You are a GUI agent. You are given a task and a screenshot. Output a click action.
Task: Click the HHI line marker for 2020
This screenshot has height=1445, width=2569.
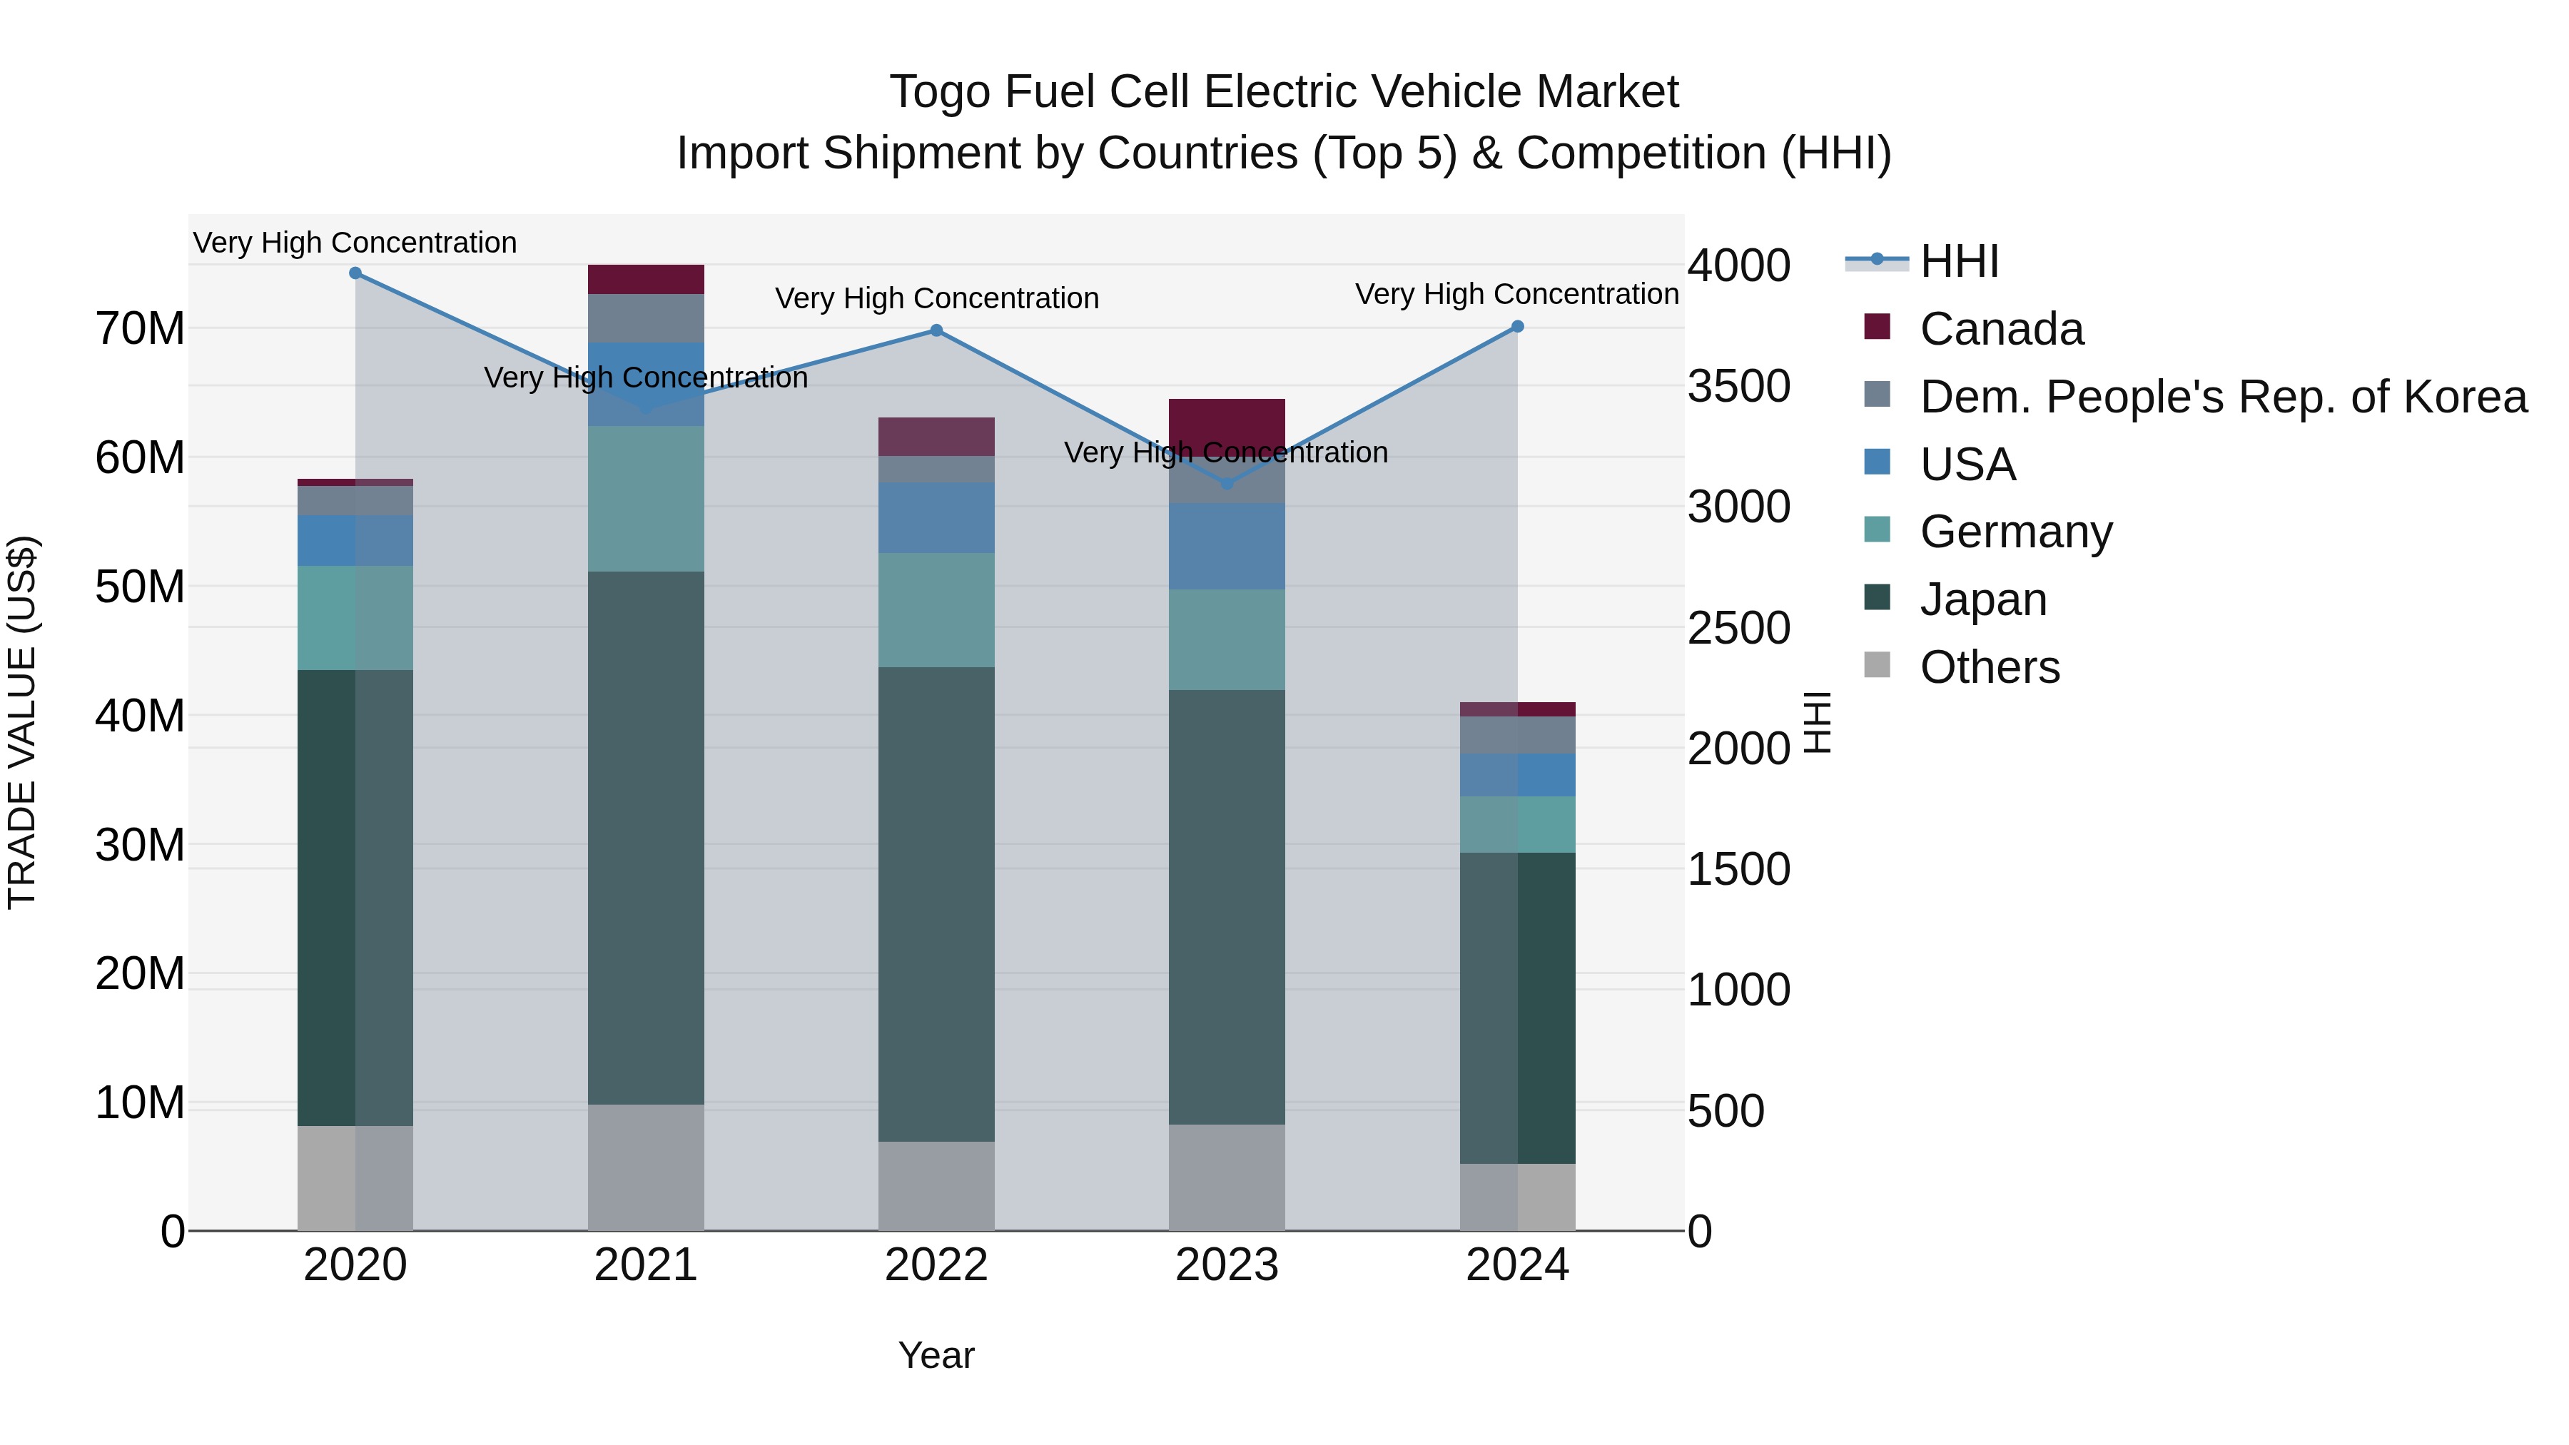[x=355, y=273]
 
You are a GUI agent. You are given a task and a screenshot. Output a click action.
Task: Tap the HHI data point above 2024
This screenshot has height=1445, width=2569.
[x=1517, y=326]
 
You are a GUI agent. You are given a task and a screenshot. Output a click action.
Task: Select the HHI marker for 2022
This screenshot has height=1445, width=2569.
[x=936, y=330]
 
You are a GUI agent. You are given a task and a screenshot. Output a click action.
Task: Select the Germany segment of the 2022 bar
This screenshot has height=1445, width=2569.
[x=936, y=609]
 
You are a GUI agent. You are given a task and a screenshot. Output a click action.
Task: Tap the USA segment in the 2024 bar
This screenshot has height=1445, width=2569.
[x=1517, y=775]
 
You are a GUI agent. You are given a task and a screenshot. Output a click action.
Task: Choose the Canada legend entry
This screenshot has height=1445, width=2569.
[x=2000, y=329]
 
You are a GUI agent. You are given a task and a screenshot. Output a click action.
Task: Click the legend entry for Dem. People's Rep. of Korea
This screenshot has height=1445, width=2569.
[x=2223, y=397]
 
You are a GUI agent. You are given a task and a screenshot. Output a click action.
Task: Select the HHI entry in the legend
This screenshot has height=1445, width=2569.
[x=1959, y=261]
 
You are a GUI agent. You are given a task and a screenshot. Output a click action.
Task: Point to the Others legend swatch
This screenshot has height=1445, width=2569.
[x=1876, y=665]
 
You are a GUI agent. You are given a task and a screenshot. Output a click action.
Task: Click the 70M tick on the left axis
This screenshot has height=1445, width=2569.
[x=140, y=328]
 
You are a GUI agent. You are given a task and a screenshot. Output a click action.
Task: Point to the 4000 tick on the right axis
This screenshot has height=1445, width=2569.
[x=1738, y=265]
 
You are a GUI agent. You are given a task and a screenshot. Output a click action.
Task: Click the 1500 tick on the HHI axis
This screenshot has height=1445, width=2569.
[x=1738, y=868]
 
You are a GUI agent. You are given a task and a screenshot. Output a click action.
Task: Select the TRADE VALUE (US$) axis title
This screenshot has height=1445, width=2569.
[x=22, y=722]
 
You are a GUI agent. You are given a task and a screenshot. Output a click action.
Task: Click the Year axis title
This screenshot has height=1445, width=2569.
[x=936, y=1355]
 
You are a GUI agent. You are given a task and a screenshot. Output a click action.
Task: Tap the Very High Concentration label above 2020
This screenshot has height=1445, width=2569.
[x=355, y=243]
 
